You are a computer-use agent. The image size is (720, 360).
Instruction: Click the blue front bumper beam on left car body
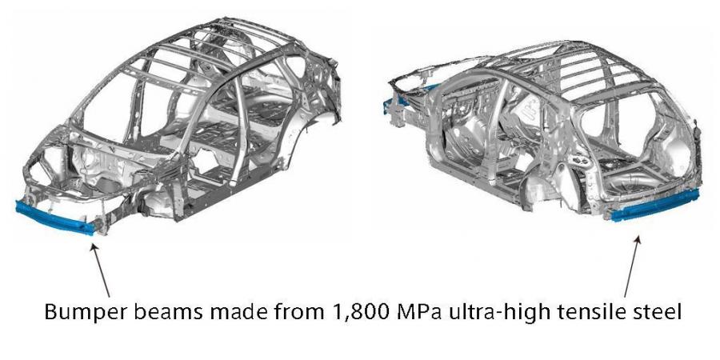click(x=54, y=217)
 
